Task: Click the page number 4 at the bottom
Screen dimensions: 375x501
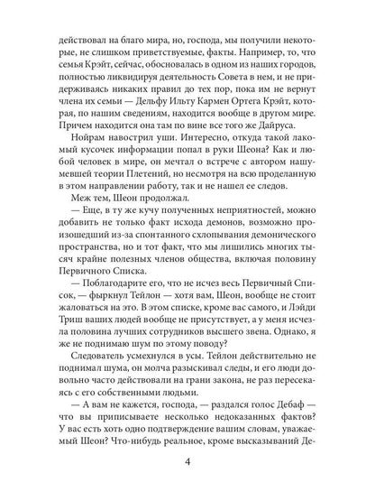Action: pyautogui.click(x=187, y=466)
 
